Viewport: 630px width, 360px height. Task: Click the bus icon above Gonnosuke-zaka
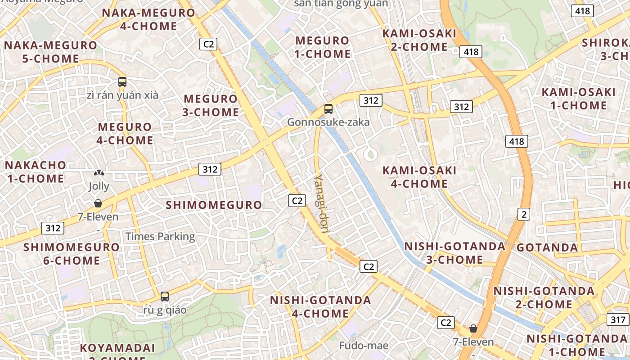pos(328,108)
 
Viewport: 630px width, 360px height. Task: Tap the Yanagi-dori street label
pos(321,204)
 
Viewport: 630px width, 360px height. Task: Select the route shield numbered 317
pos(618,320)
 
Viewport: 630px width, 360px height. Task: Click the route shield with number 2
pos(523,214)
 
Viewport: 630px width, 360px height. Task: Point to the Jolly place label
pos(99,186)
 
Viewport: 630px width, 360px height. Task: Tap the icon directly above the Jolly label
pos(99,173)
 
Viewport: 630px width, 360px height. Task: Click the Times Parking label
pos(160,236)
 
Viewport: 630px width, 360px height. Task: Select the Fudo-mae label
pos(364,346)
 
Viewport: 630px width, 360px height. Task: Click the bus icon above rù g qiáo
pos(165,297)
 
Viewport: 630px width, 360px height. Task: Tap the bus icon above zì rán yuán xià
pos(122,82)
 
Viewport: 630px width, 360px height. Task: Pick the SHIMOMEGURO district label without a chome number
pos(214,205)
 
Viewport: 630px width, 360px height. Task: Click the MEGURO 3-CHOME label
pos(211,105)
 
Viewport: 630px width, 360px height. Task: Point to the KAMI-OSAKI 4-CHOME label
pos(419,177)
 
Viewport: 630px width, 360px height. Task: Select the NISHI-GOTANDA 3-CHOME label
pos(454,253)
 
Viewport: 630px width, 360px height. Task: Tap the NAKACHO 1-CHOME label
pos(36,171)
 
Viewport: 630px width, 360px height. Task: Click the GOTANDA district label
pos(547,247)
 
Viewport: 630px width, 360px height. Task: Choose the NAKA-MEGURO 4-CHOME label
pos(148,19)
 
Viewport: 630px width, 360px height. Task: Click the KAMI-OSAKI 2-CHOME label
pos(419,40)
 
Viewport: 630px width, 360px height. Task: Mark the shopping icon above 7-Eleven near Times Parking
pos(98,203)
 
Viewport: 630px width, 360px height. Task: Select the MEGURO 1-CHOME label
pos(323,47)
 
